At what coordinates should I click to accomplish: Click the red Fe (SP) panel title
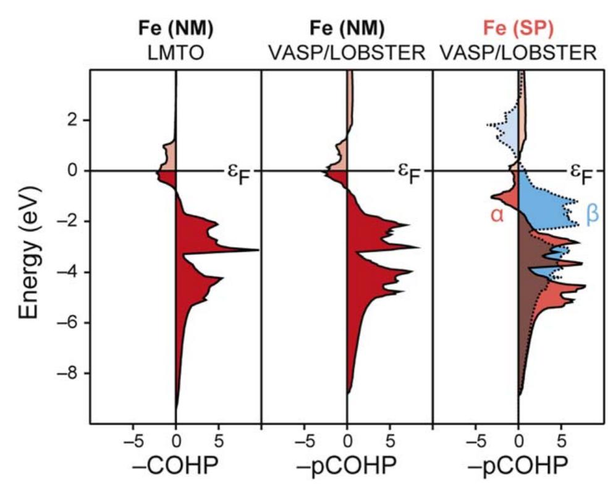(x=520, y=28)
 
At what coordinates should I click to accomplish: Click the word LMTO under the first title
(x=176, y=53)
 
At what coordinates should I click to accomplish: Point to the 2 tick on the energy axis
(x=74, y=120)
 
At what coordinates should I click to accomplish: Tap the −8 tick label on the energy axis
(x=70, y=374)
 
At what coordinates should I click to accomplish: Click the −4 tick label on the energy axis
(x=70, y=272)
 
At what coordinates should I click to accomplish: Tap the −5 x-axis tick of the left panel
(x=132, y=442)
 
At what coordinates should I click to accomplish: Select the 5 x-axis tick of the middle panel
(x=389, y=442)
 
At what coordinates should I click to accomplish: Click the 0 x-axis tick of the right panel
(x=518, y=442)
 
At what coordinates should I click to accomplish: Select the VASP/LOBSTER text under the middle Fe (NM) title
(x=347, y=53)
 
